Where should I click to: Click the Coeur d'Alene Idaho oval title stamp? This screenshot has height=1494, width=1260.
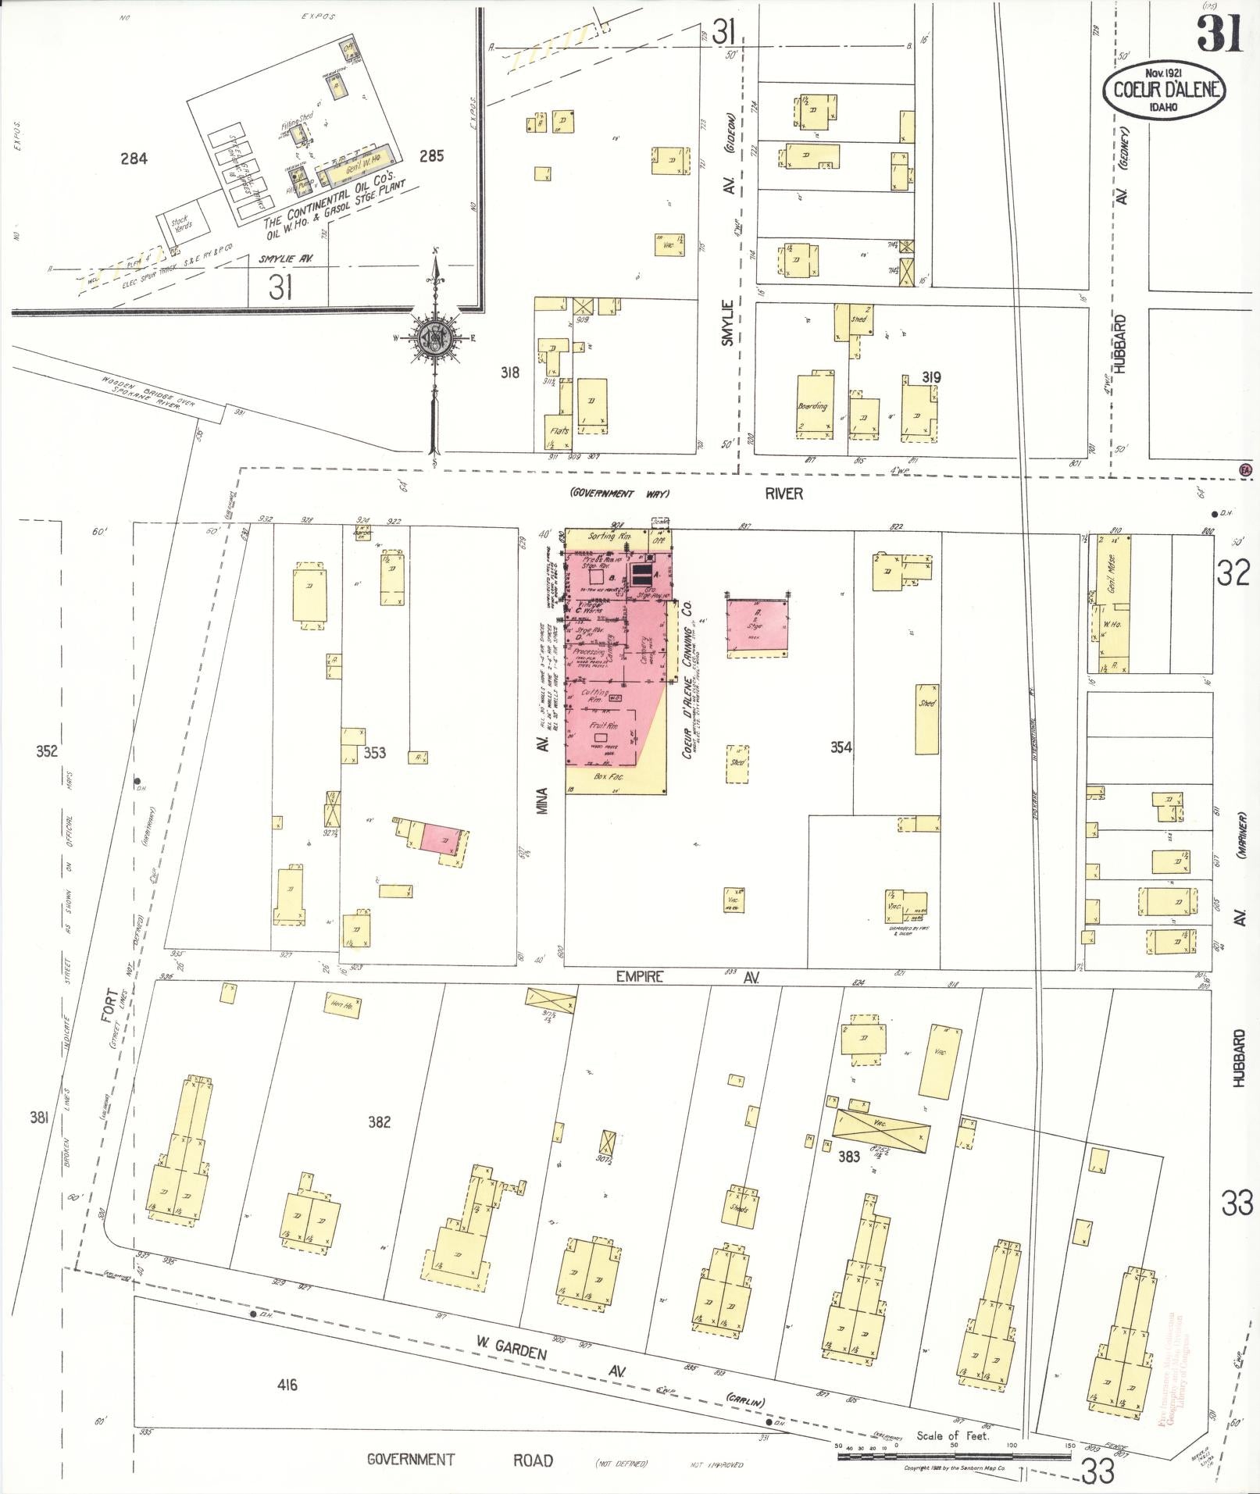coord(1164,91)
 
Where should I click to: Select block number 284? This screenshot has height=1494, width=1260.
coord(134,159)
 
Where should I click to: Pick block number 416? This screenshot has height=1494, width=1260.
coord(287,1385)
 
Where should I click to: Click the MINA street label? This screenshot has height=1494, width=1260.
coord(544,800)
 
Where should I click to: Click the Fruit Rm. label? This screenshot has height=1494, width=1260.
coord(604,726)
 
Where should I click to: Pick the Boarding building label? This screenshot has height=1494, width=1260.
coord(812,406)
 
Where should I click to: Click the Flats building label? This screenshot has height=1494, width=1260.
coord(559,430)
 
